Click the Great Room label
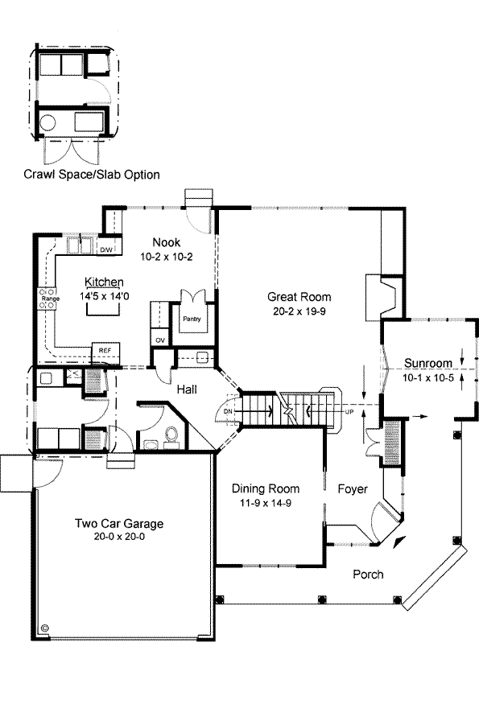299,297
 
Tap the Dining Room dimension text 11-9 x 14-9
266,503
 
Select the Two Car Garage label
119,523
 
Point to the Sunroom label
428,363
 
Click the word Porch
368,575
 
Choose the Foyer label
353,489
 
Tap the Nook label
167,242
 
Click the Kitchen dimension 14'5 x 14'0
105,296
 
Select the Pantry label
192,319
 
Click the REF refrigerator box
105,352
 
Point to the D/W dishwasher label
106,250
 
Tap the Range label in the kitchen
51,299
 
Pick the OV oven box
160,340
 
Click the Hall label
187,390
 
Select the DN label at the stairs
228,411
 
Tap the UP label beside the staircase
349,412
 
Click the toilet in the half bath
171,434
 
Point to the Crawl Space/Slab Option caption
92,175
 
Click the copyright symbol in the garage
45,627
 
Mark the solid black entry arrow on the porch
400,542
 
